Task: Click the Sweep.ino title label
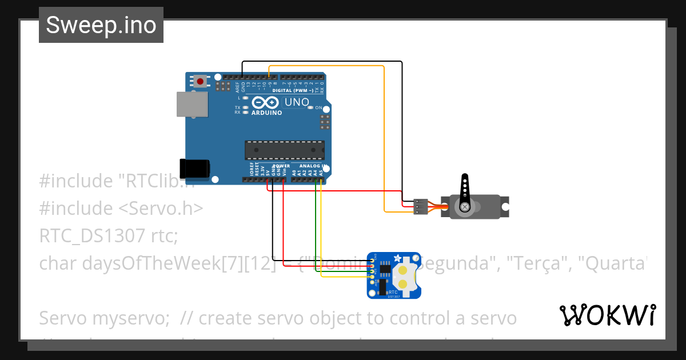101,25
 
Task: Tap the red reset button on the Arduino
200,82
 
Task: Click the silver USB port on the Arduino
192,105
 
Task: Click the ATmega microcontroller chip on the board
284,150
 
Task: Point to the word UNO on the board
297,103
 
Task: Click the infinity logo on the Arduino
265,103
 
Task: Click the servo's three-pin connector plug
421,207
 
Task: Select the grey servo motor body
478,207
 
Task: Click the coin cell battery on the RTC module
404,276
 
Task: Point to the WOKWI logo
607,315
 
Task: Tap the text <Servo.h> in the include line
161,208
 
